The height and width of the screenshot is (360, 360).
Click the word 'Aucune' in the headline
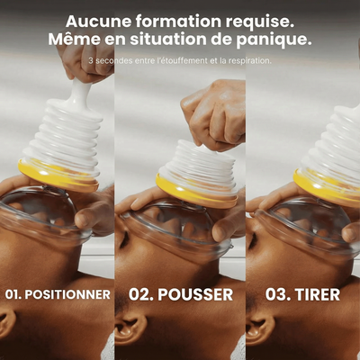(98, 22)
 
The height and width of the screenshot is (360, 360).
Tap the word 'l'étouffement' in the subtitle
(182, 60)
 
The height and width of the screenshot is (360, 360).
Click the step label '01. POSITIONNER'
(58, 294)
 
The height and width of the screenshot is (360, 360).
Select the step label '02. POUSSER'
(181, 294)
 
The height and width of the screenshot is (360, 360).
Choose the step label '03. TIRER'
(302, 294)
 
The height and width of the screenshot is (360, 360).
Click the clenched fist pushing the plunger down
(214, 114)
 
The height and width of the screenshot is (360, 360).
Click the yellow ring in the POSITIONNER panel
(58, 177)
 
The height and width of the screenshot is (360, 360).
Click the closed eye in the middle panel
(124, 240)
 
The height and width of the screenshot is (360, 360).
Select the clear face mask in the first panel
(45, 214)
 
